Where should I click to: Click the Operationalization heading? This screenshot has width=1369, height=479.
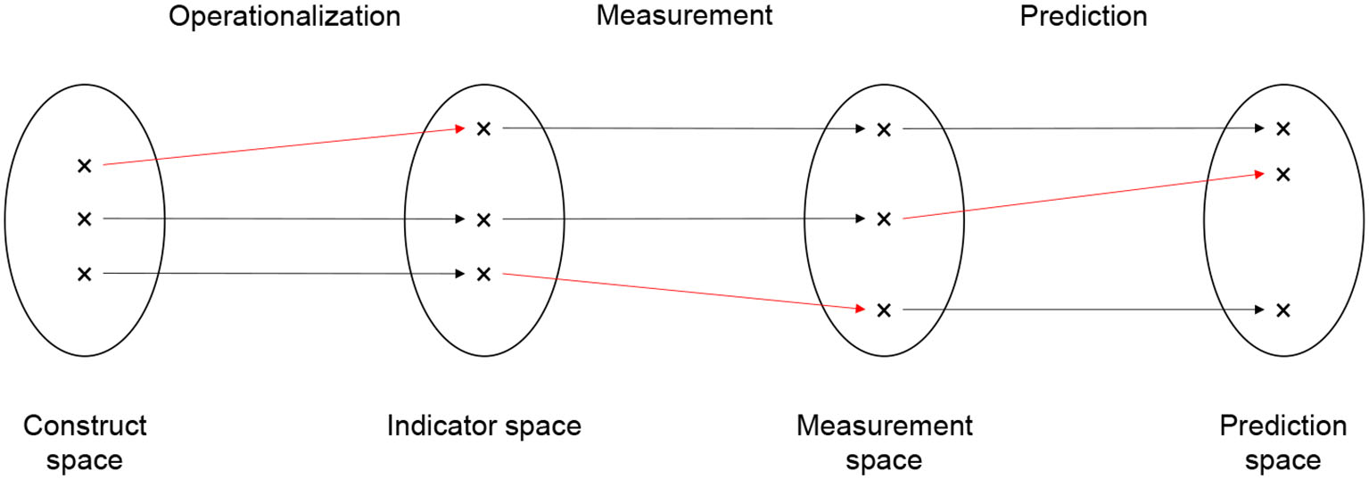tap(285, 17)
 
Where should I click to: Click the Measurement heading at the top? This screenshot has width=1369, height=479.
tap(684, 17)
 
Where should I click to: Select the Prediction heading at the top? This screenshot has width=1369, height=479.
tap(1084, 17)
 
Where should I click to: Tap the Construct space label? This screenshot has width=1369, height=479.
tap(85, 442)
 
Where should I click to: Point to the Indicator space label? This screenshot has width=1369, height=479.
tap(483, 425)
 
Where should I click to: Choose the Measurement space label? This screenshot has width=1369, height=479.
tap(884, 442)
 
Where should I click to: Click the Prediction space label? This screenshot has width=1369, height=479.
tap(1282, 442)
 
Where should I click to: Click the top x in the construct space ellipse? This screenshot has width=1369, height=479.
tap(85, 165)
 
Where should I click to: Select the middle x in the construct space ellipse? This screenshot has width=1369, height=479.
tap(85, 219)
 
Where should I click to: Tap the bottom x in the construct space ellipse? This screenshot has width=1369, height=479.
tap(85, 273)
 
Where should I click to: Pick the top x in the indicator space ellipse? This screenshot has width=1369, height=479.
tap(483, 128)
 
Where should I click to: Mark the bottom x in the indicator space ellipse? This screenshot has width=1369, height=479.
tap(483, 273)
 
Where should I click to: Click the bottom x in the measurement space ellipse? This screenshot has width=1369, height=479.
tap(884, 310)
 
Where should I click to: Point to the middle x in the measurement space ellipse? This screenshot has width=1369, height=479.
tap(884, 219)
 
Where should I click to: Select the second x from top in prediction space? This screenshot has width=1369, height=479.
tap(1282, 174)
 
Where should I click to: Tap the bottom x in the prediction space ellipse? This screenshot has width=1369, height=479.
tap(1282, 310)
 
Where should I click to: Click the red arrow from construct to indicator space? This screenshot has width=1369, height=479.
tap(284, 147)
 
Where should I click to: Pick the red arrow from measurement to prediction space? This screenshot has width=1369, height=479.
tap(1084, 196)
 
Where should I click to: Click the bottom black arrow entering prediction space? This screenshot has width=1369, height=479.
tap(1084, 310)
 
